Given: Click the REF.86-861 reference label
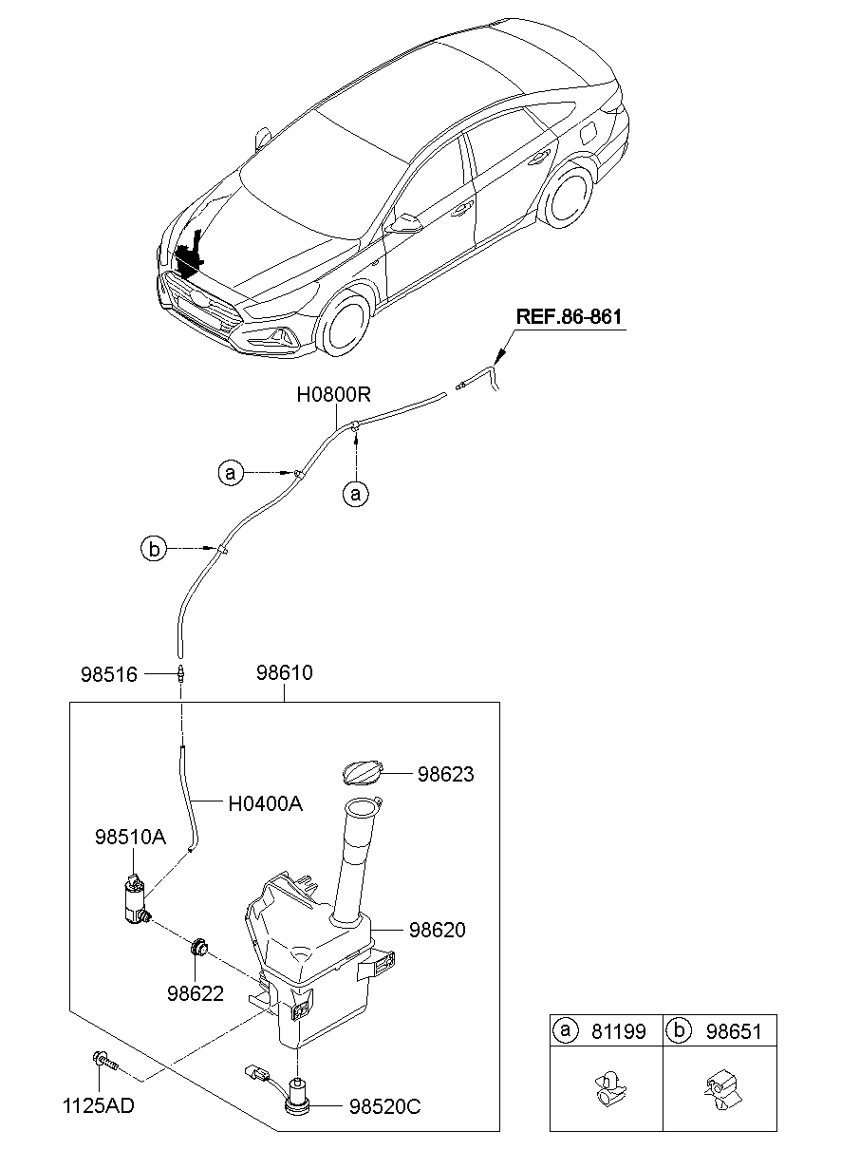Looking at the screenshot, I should [570, 316].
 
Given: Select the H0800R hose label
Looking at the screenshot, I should [333, 394].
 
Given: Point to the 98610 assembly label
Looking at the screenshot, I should [284, 673].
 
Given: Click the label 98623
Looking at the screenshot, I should [445, 775].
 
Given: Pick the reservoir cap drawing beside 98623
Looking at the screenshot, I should [362, 772].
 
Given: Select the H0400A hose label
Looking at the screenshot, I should [265, 803].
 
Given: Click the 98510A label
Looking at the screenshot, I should [130, 838].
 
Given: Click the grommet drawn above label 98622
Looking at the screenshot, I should [200, 946].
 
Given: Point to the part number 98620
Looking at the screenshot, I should [438, 930].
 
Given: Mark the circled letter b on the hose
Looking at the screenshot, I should [154, 548].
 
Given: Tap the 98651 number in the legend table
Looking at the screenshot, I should [734, 1030].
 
